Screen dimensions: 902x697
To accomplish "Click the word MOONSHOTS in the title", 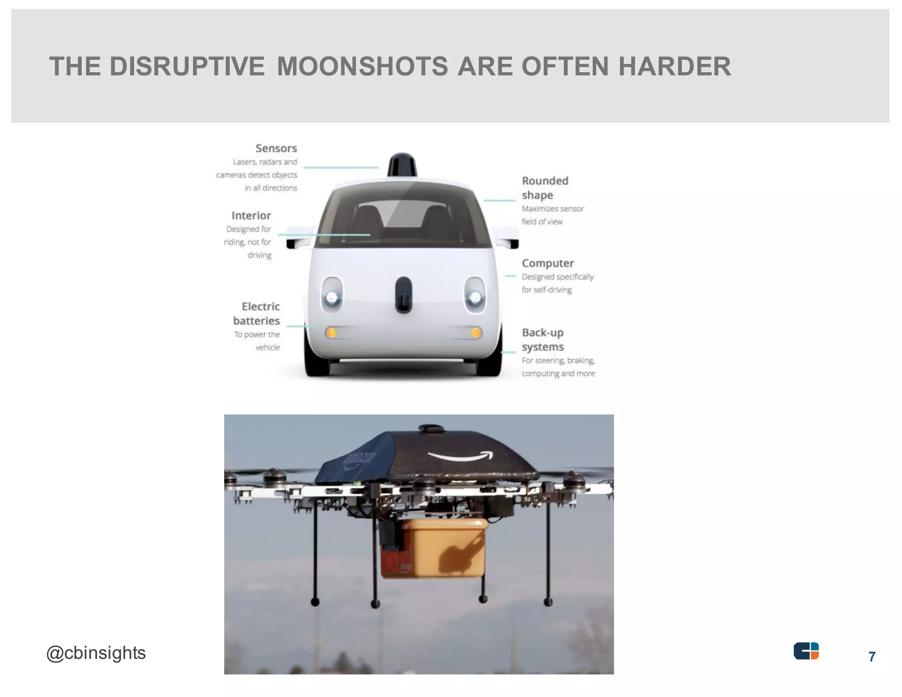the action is pyautogui.click(x=362, y=67).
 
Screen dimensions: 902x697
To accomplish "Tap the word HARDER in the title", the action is pyautogui.click(x=675, y=67).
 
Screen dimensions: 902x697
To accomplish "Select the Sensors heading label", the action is pyautogui.click(x=276, y=148).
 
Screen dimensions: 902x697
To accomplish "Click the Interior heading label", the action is pyautogui.click(x=251, y=215).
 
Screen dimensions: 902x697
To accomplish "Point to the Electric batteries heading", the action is pyautogui.click(x=256, y=314).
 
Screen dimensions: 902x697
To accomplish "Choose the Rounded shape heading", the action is pyautogui.click(x=545, y=188).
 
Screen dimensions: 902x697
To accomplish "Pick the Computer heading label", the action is pyautogui.click(x=548, y=263).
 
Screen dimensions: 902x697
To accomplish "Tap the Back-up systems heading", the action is pyautogui.click(x=543, y=340).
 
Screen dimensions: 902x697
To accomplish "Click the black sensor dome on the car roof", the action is pyautogui.click(x=402, y=165).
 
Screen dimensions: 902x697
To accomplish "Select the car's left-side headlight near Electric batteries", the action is pyautogui.click(x=332, y=295).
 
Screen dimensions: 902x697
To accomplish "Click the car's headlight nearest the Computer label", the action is pyautogui.click(x=475, y=295).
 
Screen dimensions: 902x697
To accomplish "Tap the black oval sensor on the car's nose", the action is pyautogui.click(x=404, y=295).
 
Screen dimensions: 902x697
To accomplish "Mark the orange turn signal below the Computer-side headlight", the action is pyautogui.click(x=476, y=333).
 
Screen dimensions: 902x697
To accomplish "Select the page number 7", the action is pyautogui.click(x=872, y=657).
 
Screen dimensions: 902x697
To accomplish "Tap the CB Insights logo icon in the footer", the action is pyautogui.click(x=806, y=651).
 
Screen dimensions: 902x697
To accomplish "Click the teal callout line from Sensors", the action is pyautogui.click(x=341, y=167).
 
